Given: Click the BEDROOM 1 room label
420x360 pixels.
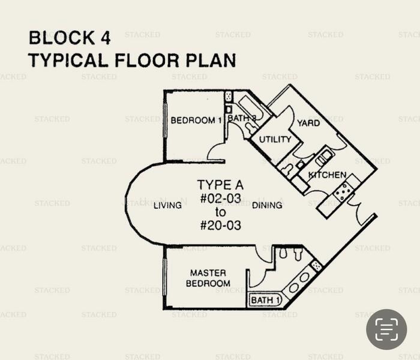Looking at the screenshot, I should coord(196,121).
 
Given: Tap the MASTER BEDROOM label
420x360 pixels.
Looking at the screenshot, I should coord(208,278).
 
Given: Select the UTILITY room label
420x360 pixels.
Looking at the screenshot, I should coord(275,139).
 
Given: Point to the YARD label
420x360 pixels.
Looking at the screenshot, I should coord(308,123).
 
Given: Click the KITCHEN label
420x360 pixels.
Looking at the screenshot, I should coord(327,175).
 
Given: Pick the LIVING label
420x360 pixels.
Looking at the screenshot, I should coord(167,205).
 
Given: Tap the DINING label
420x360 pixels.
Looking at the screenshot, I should coord(267,205).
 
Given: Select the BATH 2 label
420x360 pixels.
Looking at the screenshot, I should coord(242,118).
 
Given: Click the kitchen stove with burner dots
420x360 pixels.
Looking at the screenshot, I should coord(343,192).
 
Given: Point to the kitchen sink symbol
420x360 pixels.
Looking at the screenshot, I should coord(322,158).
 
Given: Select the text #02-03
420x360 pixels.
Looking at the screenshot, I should coord(220,199).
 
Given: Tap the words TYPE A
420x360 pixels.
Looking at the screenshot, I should coord(220,185).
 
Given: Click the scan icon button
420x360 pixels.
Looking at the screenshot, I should coord(386,329).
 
